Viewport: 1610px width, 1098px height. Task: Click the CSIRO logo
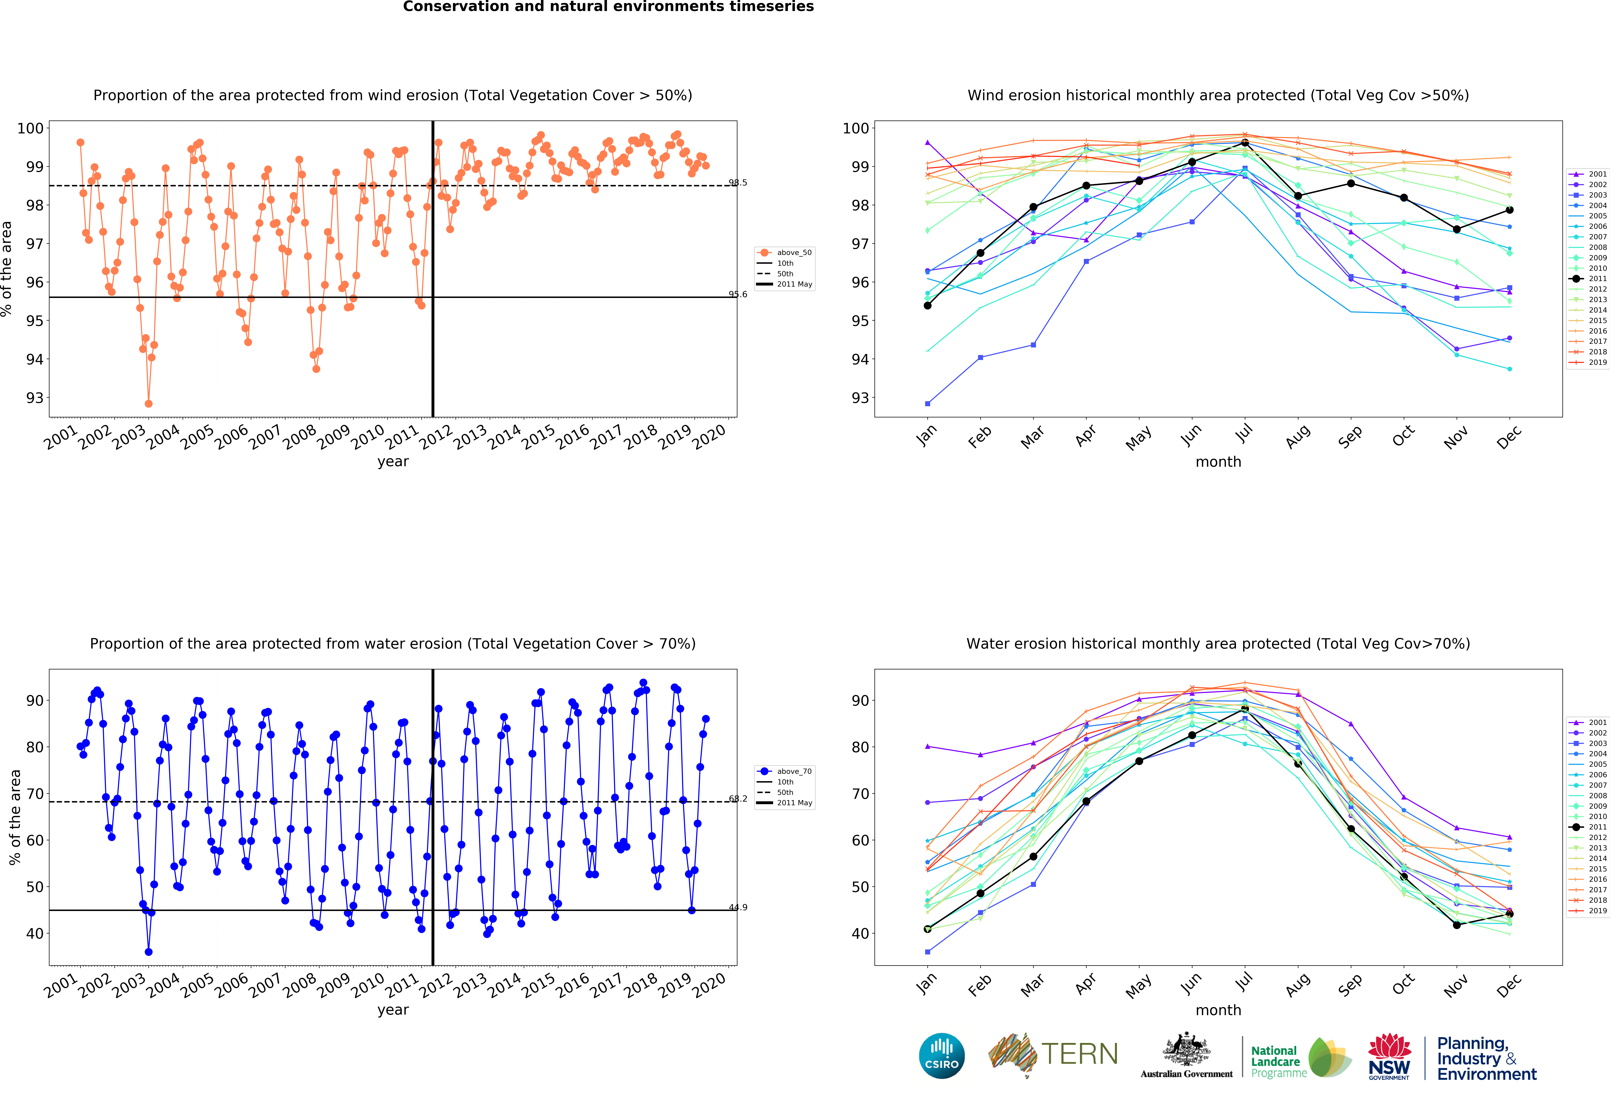coord(941,1056)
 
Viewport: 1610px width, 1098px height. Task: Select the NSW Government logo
coord(1389,1056)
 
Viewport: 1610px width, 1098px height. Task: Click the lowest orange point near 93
coord(148,403)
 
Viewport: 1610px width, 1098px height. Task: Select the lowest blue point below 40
coord(148,952)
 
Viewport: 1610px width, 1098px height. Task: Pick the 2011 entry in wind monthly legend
coord(1592,279)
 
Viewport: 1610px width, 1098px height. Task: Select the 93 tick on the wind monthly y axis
coord(860,398)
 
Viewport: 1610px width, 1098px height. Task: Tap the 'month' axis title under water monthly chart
coord(1218,1010)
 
